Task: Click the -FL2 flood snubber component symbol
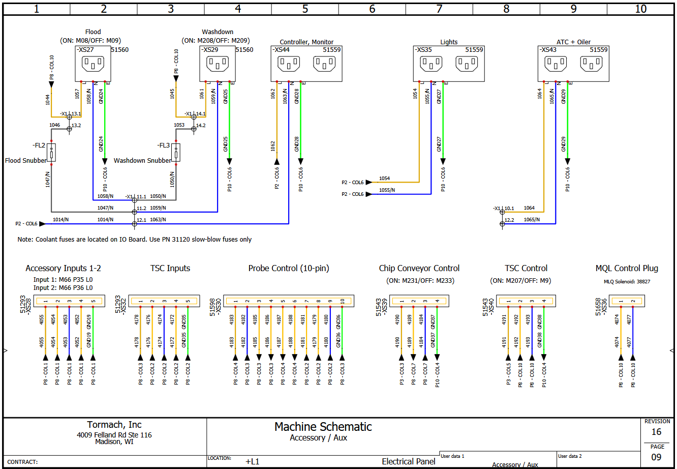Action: (x=51, y=152)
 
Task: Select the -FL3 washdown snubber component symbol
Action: (x=176, y=152)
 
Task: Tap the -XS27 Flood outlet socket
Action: (x=93, y=64)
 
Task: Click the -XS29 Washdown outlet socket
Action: (x=218, y=64)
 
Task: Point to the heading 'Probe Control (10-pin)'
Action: (x=288, y=268)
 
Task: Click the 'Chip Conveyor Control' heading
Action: (x=419, y=268)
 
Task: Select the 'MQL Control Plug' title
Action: (x=626, y=268)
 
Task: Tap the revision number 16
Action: (x=656, y=432)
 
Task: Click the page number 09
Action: (x=656, y=457)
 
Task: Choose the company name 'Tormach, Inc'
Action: (x=114, y=425)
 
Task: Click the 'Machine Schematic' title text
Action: (x=323, y=427)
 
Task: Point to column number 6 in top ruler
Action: (x=372, y=9)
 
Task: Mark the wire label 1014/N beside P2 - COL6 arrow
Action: (x=60, y=220)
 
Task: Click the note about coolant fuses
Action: (x=135, y=239)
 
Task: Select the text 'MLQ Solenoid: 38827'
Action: (x=627, y=281)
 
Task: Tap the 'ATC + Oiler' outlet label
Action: (x=573, y=42)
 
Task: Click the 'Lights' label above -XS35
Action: (x=449, y=42)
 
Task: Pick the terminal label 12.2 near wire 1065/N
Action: (x=509, y=220)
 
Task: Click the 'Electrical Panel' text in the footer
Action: (x=409, y=461)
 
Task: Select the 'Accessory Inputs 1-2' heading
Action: (x=63, y=268)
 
